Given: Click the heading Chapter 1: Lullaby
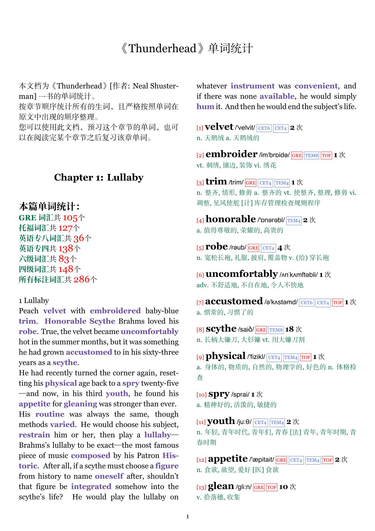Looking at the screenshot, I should (x=99, y=177).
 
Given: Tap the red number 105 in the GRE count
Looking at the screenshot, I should (x=70, y=218).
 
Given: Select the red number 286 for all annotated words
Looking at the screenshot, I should (x=82, y=279).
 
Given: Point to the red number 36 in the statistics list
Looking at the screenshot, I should (x=79, y=238).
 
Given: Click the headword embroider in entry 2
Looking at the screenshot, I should (x=231, y=154).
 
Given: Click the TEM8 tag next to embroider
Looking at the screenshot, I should (x=311, y=156).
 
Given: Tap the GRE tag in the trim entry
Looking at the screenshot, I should (x=250, y=183).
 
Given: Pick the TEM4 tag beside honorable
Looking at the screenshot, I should (x=294, y=221).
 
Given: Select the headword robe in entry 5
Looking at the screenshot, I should (x=216, y=246).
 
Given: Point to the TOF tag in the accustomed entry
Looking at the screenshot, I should (x=337, y=303).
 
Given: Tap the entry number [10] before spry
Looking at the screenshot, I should (x=201, y=395).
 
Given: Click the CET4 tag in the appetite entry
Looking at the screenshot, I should (x=296, y=460).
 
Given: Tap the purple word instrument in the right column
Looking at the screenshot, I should (x=252, y=86).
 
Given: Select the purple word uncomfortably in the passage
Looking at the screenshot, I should (x=149, y=332).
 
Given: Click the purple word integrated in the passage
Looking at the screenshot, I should (x=91, y=486).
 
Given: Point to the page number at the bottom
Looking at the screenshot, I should (x=187, y=517).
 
